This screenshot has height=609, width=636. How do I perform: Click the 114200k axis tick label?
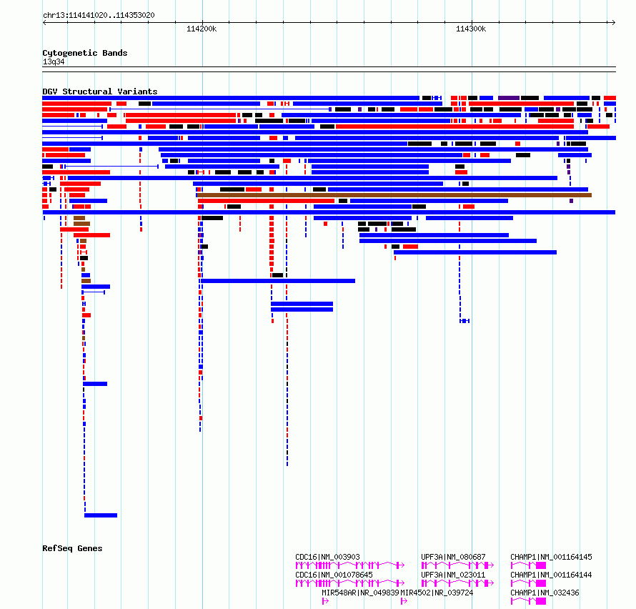click(x=202, y=29)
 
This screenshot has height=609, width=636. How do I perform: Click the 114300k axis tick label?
click(x=471, y=29)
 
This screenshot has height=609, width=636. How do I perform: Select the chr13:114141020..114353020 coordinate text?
click(x=99, y=16)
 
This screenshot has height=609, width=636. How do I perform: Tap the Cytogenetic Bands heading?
click(x=85, y=53)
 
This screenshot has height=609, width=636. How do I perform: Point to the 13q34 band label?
click(x=54, y=61)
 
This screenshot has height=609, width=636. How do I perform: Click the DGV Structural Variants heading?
click(x=100, y=91)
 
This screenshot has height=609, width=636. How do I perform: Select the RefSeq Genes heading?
click(x=72, y=548)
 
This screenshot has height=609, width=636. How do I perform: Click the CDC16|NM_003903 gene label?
click(x=327, y=557)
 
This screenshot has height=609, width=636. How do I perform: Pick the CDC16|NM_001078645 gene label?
click(x=334, y=575)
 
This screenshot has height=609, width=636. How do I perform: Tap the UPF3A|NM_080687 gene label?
click(x=453, y=557)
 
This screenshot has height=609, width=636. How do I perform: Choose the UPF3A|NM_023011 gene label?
click(x=453, y=575)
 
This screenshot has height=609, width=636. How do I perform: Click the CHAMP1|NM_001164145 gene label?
click(x=551, y=557)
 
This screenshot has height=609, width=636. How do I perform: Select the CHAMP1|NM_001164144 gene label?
click(x=551, y=575)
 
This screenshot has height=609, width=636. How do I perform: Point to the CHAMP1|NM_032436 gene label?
click(x=545, y=593)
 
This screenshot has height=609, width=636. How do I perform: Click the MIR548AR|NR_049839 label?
click(x=361, y=593)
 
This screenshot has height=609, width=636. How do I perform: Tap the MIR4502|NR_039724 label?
click(x=437, y=593)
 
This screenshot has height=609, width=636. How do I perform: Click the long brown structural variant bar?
click(x=394, y=195)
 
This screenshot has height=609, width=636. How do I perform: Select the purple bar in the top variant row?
click(x=509, y=98)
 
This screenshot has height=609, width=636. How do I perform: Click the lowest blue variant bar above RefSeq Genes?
click(x=101, y=515)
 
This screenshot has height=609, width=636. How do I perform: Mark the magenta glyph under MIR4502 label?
click(x=404, y=601)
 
